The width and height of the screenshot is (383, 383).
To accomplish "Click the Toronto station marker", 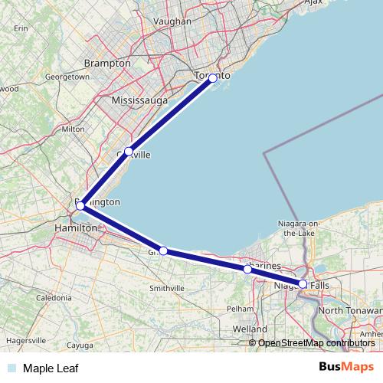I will (213, 78).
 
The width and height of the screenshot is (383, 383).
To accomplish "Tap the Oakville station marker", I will (129, 152).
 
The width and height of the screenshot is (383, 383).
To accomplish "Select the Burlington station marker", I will (80, 205).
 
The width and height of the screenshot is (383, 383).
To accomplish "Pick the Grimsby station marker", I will (163, 250).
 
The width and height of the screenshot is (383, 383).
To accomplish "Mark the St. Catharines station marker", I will (247, 270).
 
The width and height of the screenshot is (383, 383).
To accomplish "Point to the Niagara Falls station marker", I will (303, 284).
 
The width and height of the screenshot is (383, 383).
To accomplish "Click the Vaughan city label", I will (172, 22).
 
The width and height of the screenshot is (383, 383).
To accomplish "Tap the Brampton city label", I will (107, 63).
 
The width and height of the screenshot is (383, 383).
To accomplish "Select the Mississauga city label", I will (139, 101).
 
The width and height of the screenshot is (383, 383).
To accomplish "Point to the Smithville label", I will (166, 288).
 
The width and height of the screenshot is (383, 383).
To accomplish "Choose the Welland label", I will (250, 329).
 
